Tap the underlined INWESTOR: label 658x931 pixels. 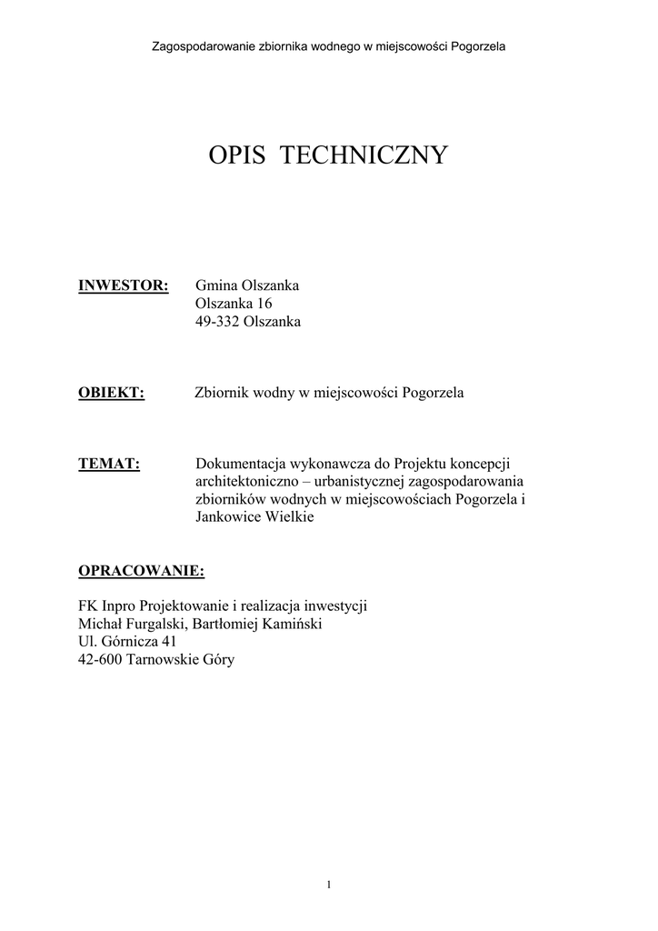(124, 285)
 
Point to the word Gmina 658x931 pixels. (216, 285)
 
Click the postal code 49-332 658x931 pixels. (217, 322)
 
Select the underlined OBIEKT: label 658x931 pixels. (112, 393)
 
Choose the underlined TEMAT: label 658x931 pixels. (109, 464)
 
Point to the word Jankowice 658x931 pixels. (226, 517)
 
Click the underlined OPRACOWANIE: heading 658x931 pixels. (142, 571)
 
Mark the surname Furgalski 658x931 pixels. (154, 625)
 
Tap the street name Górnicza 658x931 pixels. (129, 643)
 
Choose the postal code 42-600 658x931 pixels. (103, 660)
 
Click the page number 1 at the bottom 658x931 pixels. (328, 886)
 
